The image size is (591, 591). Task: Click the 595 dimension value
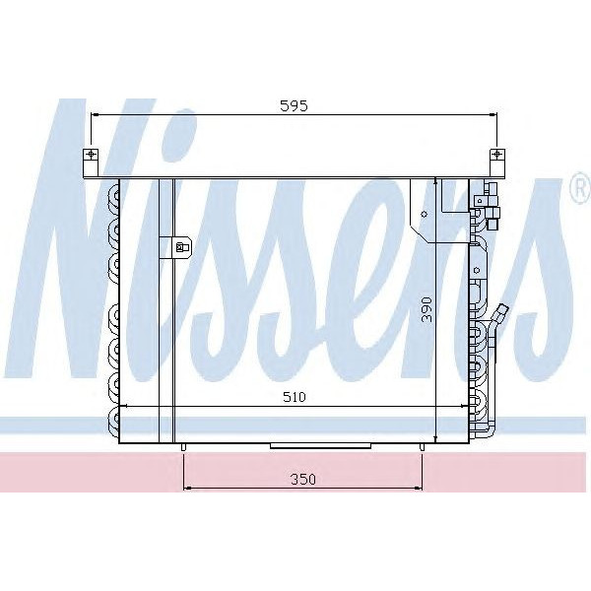pos(293,106)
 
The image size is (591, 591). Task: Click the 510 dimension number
pos(293,397)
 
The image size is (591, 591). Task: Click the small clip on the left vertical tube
pos(181,247)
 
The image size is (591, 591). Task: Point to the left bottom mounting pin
pos(184,448)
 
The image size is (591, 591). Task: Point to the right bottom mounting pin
pos(423,448)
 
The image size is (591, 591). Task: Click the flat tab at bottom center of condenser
pos(302,445)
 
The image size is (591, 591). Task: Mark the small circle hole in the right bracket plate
pos(424,213)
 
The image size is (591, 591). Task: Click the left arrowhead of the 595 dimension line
pos(95,115)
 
